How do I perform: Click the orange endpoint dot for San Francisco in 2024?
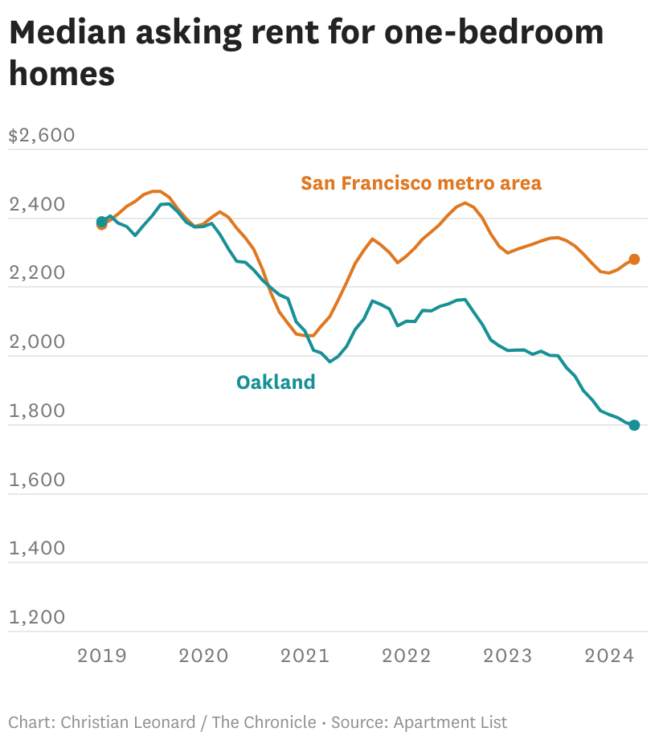pos(634,260)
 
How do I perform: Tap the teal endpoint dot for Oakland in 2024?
pos(634,425)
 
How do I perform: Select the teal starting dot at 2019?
pos(102,221)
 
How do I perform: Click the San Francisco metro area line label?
pos(421,183)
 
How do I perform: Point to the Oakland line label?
pos(276,382)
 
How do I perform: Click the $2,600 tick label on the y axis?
pos(41,135)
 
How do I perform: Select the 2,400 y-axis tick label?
pos(36,205)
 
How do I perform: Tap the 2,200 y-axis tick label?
pos(36,273)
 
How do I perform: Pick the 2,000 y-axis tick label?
pos(36,342)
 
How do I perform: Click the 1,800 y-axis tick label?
pos(36,411)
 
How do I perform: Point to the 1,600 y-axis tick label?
pos(36,480)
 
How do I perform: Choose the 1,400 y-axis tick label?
pos(36,549)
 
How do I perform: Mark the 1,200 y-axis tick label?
pos(36,618)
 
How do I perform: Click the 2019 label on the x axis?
pos(102,656)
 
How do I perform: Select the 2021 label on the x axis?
pos(305,656)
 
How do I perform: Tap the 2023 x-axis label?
pos(507,656)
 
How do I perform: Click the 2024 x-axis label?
pos(608,656)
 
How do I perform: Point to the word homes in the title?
pos(62,73)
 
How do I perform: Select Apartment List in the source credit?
pos(450,722)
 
